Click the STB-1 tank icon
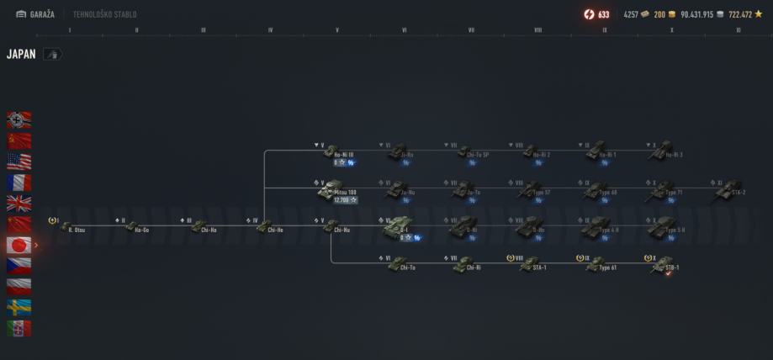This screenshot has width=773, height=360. (x=664, y=262)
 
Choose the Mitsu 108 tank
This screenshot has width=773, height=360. (x=331, y=190)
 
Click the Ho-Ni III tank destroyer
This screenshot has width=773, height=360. (x=331, y=152)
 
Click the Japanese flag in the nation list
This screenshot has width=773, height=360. (x=19, y=245)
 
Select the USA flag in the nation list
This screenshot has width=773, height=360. (x=19, y=161)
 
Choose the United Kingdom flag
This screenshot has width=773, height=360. (x=19, y=203)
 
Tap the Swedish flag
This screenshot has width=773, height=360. (x=19, y=307)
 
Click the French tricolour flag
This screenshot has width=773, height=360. (x=19, y=182)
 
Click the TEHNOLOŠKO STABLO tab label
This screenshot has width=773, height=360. (x=105, y=14)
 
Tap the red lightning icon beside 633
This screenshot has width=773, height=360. (x=589, y=14)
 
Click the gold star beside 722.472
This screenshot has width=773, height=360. (x=758, y=14)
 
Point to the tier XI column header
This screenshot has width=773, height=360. (x=738, y=30)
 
